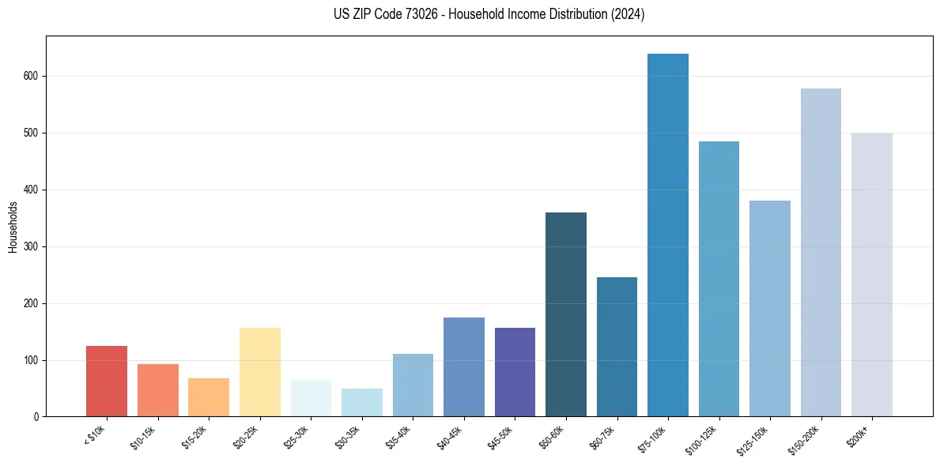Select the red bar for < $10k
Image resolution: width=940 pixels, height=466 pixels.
(107, 381)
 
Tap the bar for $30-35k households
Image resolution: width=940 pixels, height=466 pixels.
(362, 403)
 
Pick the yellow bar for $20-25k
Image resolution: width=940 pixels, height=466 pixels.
(260, 372)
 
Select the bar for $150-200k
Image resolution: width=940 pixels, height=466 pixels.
(821, 253)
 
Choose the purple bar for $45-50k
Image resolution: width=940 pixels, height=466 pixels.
(515, 372)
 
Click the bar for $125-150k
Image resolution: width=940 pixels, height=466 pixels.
(770, 309)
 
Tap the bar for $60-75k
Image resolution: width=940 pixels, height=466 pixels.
(617, 347)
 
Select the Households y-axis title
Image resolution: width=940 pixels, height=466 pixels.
(13, 227)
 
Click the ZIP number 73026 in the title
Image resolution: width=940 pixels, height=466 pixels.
(410, 14)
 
